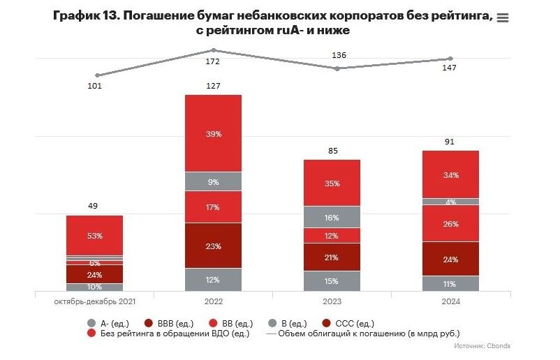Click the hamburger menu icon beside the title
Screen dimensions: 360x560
coord(502,18)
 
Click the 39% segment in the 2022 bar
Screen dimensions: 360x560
coord(213,133)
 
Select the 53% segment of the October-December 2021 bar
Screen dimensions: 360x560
coord(94,235)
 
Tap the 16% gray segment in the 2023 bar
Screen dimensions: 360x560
coord(332,217)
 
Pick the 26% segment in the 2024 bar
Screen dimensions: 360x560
coord(450,223)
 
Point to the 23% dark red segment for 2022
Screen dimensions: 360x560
coord(213,246)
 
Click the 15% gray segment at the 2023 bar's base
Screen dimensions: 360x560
coord(332,281)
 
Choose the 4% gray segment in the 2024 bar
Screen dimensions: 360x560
coord(450,202)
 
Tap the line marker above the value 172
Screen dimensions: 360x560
coord(214,50)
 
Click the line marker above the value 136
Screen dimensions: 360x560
coord(337,68)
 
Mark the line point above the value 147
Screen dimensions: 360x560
coord(450,59)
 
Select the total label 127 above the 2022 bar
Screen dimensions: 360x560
coord(213,86)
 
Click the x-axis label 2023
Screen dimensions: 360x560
coord(332,301)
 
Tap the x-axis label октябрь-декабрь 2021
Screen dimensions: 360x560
coord(94,301)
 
